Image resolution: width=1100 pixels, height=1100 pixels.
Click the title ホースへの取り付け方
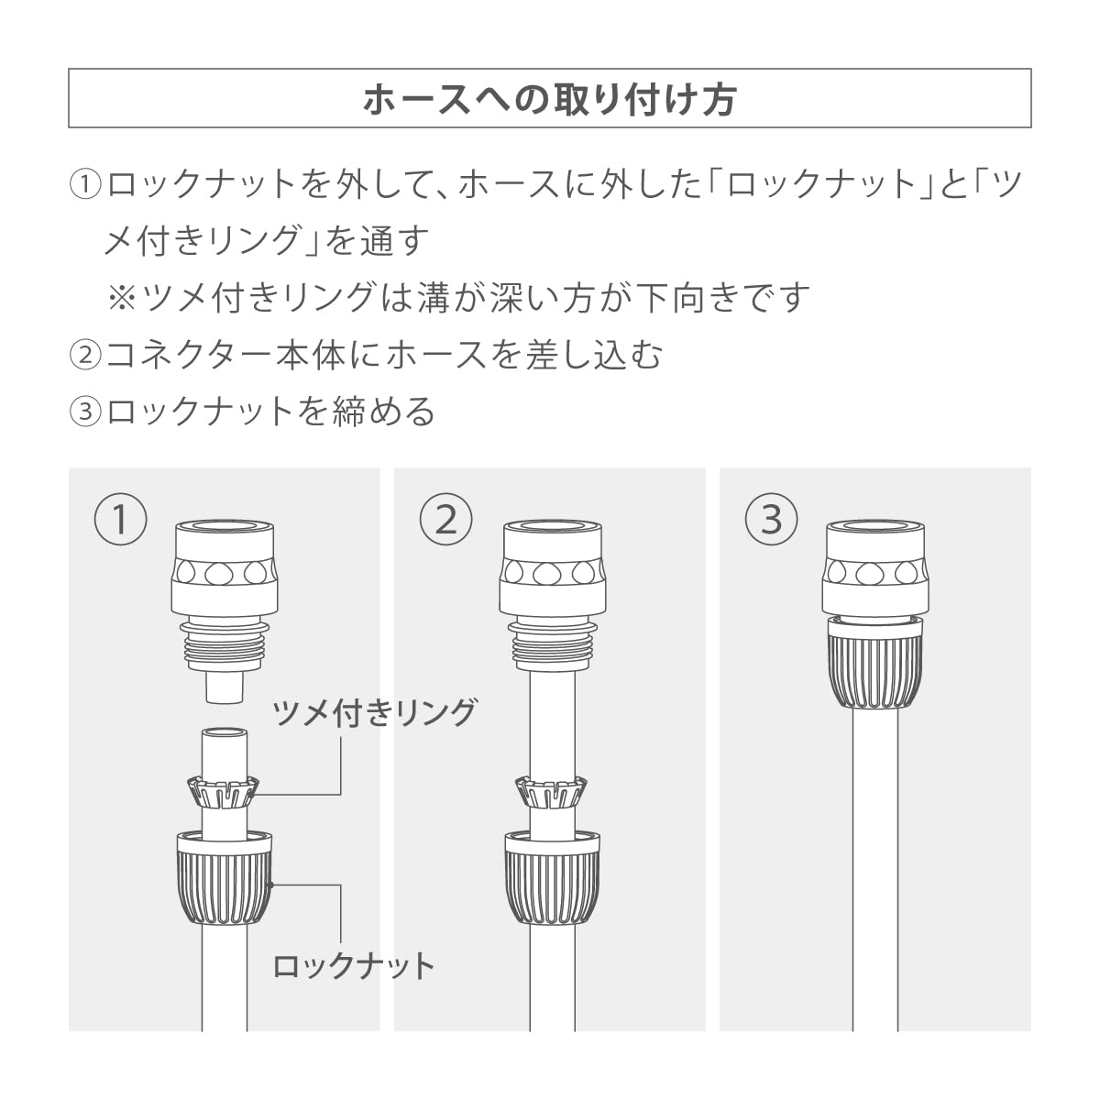pos(549,100)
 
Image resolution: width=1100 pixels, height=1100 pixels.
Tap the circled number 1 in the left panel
pos(120,520)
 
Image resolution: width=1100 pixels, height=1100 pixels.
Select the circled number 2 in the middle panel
pos(445,520)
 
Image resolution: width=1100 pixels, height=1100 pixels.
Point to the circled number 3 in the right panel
pos(771,520)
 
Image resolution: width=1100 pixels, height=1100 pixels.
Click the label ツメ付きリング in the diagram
pos(375,713)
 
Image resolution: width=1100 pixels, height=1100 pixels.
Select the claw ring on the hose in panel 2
pos(551,792)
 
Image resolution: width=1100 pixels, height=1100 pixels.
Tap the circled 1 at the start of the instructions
pos(85,185)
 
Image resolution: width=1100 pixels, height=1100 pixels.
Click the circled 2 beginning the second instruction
pos(85,355)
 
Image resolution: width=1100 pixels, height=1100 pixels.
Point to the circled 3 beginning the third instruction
pos(85,411)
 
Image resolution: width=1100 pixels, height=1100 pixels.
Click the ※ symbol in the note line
pos(122,298)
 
